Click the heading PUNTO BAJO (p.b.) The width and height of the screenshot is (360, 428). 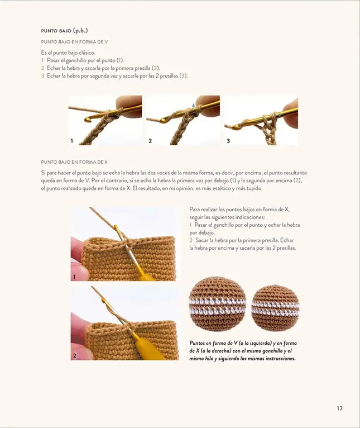pyautogui.click(x=65, y=31)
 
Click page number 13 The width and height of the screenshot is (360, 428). pyautogui.click(x=339, y=408)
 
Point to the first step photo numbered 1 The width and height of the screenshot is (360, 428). pyautogui.click(x=105, y=121)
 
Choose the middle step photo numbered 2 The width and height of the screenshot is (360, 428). pyautogui.click(x=183, y=121)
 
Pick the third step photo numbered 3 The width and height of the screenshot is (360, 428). pyautogui.click(x=261, y=121)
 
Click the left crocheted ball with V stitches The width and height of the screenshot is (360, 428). pyautogui.click(x=217, y=304)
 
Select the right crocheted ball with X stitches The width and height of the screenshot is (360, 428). pyautogui.click(x=275, y=307)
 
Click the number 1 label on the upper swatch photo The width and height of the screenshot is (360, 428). pyautogui.click(x=74, y=277)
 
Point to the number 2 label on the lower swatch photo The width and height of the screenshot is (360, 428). pyautogui.click(x=74, y=355)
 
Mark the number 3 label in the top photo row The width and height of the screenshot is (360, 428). pyautogui.click(x=228, y=141)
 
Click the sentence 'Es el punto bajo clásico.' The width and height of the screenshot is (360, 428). pyautogui.click(x=71, y=53)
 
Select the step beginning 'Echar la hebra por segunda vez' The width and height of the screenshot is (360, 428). pyautogui.click(x=117, y=75)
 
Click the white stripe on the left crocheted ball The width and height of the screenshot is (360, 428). pyautogui.click(x=217, y=306)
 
